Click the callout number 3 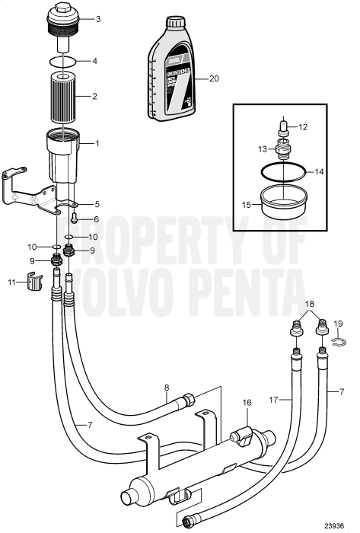[97, 18]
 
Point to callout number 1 [97, 143]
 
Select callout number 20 [213, 78]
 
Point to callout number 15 [246, 204]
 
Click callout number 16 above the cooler [247, 401]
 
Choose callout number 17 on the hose [274, 398]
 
